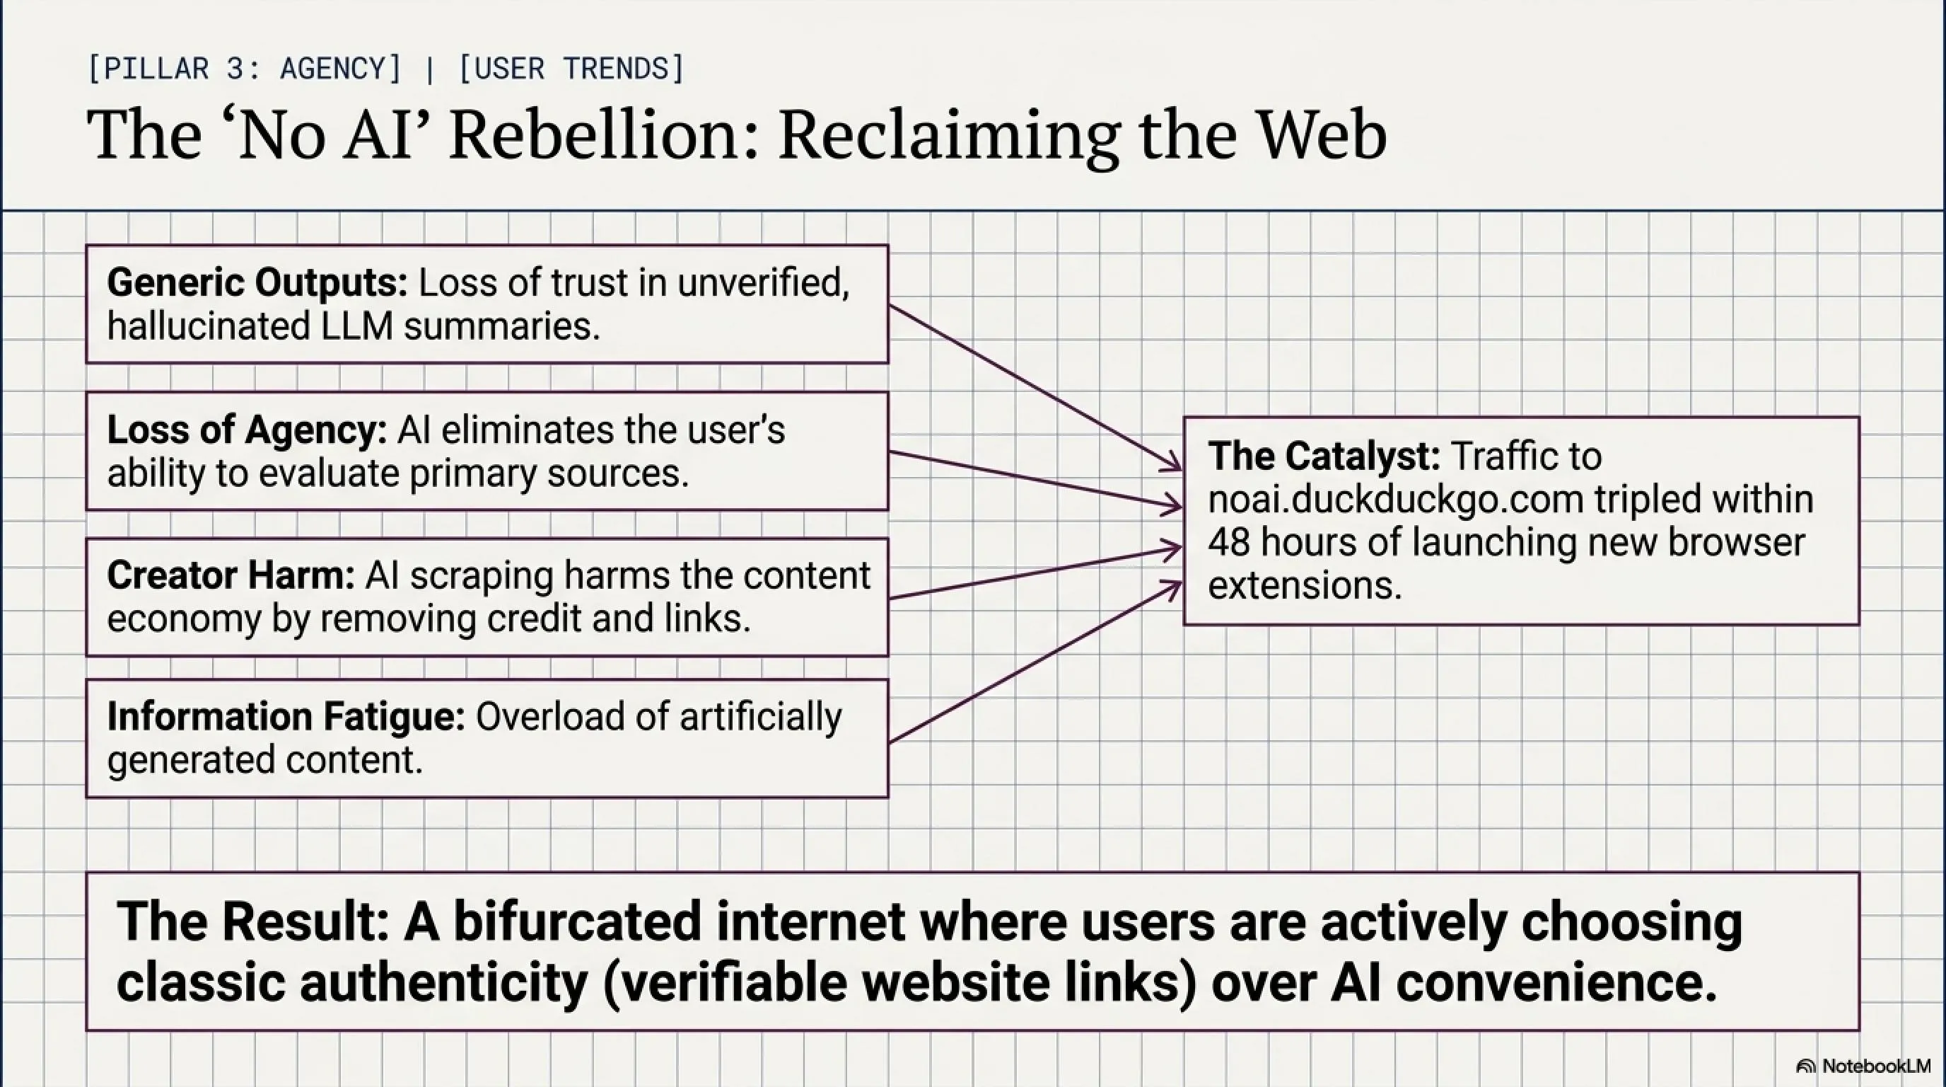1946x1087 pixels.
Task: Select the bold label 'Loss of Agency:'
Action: click(247, 430)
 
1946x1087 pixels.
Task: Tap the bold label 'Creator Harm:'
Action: click(231, 575)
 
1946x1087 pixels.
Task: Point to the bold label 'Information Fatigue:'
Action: click(286, 717)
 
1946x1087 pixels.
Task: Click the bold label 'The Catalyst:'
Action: click(1324, 456)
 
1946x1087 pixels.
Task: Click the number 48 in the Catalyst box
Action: click(1228, 543)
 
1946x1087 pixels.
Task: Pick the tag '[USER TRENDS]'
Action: click(572, 69)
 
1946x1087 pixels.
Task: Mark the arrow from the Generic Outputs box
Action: click(1036, 388)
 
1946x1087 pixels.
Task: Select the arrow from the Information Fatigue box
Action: click(1036, 662)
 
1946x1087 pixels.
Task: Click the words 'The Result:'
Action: click(253, 921)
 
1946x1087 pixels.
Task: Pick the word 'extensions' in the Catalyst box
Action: click(1305, 586)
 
